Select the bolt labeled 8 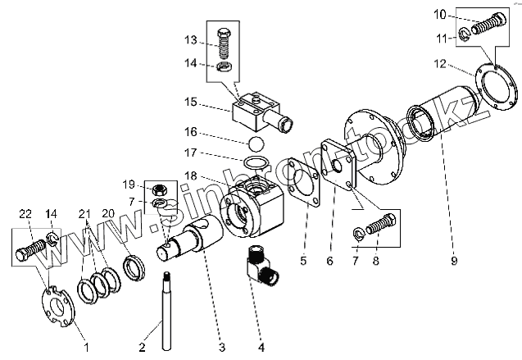point(385,223)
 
